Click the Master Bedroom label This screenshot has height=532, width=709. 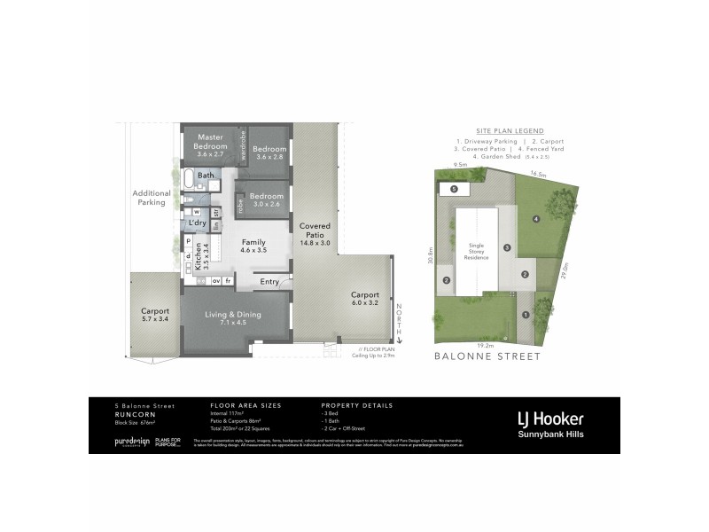[x=211, y=141]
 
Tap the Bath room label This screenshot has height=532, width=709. [x=206, y=176]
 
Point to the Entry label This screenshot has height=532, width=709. [x=269, y=282]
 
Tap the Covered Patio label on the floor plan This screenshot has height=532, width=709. [x=315, y=231]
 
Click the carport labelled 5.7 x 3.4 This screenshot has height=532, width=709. [x=154, y=316]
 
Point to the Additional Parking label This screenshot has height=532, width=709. [x=151, y=197]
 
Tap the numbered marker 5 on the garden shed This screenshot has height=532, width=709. [x=454, y=189]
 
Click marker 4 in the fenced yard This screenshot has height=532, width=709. [x=536, y=219]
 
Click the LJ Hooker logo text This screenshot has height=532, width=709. [x=551, y=418]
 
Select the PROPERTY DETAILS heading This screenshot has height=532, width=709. [x=352, y=403]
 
